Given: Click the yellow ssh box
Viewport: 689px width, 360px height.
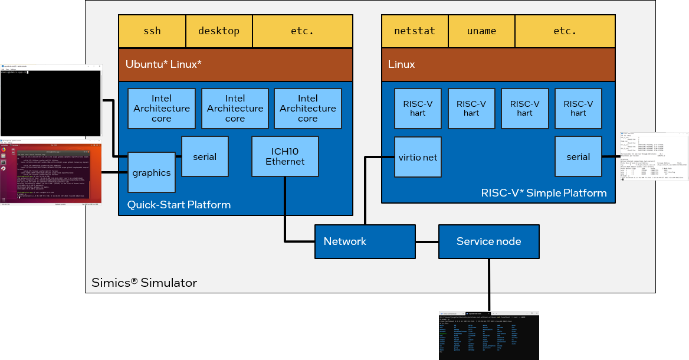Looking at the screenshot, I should coord(152,31).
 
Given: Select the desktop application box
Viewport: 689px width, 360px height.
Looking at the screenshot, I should coord(219,31).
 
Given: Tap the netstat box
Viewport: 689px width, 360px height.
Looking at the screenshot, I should coord(415,31).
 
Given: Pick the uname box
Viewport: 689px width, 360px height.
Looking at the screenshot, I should coord(481,31).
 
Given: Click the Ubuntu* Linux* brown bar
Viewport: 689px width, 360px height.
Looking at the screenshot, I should coord(235,65).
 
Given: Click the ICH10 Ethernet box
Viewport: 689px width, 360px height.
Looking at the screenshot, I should coord(285,156).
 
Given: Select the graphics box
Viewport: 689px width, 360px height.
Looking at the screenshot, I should coord(152,172).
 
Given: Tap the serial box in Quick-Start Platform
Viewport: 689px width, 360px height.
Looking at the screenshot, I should coord(205,156).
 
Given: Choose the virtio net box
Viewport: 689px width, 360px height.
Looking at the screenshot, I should coord(418,157).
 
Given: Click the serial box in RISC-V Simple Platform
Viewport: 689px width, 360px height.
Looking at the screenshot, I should coord(578,156).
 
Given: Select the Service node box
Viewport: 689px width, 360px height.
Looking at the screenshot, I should coord(488,241).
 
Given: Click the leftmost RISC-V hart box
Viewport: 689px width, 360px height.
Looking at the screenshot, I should coord(418,109).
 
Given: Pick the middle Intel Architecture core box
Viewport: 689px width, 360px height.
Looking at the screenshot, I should coord(235,109).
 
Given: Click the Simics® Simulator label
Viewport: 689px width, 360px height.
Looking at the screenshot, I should coord(144,283).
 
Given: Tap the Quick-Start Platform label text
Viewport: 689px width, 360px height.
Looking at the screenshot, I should coord(179,205).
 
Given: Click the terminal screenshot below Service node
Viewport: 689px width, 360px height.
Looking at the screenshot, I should coord(488,335).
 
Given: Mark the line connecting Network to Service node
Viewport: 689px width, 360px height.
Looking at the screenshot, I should coord(426,242).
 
